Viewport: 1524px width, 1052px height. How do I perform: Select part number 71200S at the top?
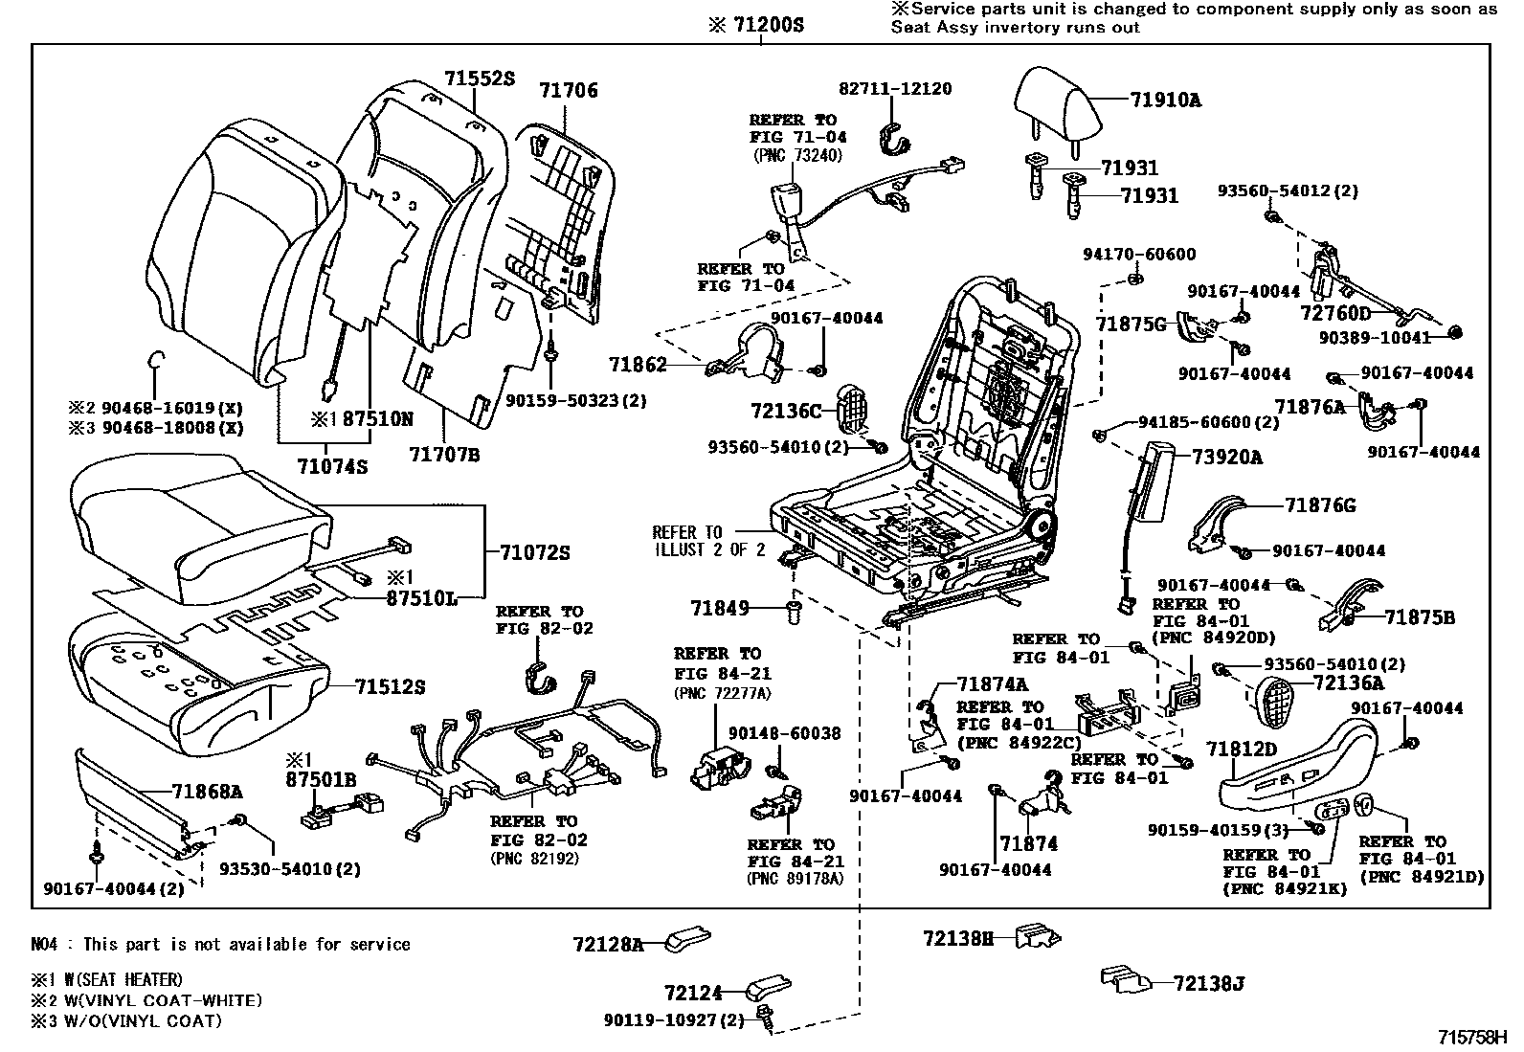(x=755, y=26)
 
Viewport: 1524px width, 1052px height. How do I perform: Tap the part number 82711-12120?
(x=895, y=89)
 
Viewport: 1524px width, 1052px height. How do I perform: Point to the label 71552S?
(x=479, y=79)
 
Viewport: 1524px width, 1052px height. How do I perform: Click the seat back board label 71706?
(x=568, y=91)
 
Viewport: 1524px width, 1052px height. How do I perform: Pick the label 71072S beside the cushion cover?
(x=535, y=552)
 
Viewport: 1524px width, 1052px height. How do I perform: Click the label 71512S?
(x=390, y=687)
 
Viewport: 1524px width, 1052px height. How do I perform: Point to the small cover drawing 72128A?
(x=685, y=936)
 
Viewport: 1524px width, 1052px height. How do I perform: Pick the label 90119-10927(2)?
(x=674, y=1020)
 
